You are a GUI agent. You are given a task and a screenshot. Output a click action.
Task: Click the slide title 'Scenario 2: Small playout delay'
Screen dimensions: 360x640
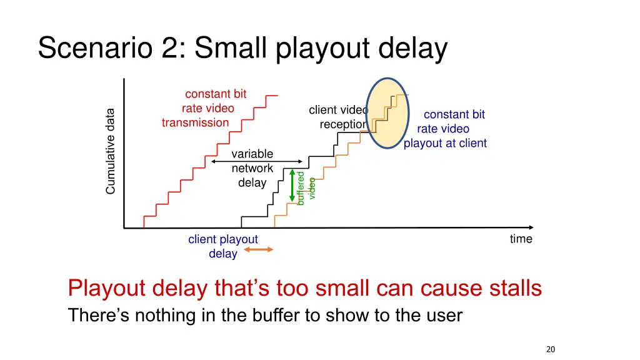click(242, 49)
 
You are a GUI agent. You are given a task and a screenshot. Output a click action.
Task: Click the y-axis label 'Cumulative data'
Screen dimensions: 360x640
click(111, 151)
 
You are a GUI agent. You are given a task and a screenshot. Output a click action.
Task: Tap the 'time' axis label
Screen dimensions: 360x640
click(521, 239)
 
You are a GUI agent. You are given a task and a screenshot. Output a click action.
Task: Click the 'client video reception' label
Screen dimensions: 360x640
click(339, 117)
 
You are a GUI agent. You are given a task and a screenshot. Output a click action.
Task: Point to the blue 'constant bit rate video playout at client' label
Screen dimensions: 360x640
click(445, 129)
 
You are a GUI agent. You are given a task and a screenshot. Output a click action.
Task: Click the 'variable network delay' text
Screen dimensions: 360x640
click(252, 168)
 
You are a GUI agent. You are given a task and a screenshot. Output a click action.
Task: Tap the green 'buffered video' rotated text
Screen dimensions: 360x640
click(306, 187)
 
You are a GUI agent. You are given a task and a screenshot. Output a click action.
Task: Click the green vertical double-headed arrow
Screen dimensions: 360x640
click(291, 184)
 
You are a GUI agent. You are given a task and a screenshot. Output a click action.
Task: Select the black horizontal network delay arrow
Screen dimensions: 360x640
click(256, 161)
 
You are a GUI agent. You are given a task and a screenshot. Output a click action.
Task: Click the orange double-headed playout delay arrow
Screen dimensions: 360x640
click(258, 249)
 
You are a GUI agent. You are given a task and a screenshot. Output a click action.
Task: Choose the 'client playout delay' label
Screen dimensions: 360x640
click(223, 246)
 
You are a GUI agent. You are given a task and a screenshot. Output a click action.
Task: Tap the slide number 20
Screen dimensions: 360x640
click(550, 349)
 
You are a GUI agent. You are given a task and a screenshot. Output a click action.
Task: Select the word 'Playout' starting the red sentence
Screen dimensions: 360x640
click(106, 289)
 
